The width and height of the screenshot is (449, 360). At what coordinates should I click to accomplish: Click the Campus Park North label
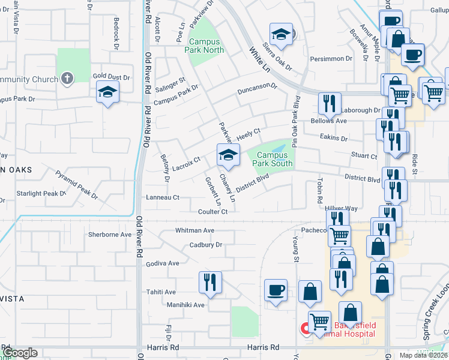pos(206,46)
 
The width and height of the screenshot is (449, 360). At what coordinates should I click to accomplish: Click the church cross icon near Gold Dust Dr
pos(67,78)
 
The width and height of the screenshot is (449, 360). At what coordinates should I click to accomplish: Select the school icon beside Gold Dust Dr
pos(107,92)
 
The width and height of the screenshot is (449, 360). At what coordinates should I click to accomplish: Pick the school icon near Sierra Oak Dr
pos(280,34)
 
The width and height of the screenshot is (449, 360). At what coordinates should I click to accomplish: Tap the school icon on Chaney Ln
pos(228,155)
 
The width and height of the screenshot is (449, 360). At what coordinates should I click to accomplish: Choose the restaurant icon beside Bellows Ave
pos(329,103)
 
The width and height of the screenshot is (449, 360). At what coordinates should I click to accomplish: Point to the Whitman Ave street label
pos(194,230)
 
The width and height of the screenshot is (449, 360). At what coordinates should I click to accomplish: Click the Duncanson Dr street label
pos(257,89)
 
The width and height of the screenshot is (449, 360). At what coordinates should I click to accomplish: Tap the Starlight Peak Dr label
pos(41,194)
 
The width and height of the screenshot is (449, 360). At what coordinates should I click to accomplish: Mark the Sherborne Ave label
pos(109,235)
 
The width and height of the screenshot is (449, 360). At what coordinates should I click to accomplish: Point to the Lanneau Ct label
pos(163,197)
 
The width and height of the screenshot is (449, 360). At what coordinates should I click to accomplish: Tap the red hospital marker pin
pos(305,328)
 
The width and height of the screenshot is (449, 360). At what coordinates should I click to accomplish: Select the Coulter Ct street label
pos(213,212)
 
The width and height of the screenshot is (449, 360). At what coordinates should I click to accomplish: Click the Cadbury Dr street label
pos(206,245)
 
